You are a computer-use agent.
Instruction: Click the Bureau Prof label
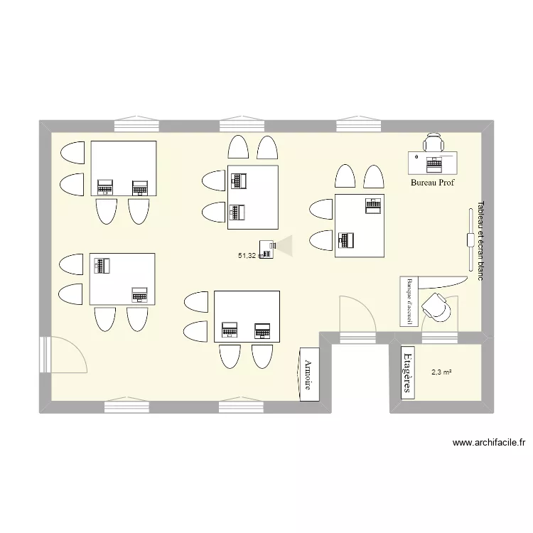tap(432, 183)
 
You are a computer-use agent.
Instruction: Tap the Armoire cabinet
tap(308, 375)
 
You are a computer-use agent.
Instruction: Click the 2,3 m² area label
tap(442, 370)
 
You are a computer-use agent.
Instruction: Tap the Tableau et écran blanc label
tap(481, 240)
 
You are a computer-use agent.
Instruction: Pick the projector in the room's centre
tap(269, 249)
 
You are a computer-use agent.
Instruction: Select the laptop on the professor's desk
tap(433, 164)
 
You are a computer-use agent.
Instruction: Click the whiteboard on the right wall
tap(470, 239)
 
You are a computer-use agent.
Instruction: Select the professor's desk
tap(433, 163)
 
